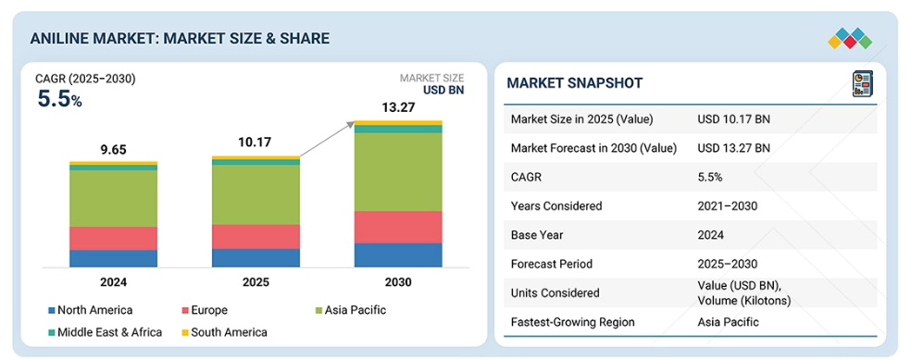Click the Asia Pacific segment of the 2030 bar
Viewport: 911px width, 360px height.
398,172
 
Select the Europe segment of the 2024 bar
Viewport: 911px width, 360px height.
113,238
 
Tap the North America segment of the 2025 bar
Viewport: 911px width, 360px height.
256,258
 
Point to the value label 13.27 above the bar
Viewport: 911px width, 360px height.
397,108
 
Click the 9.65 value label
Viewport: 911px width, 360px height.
113,150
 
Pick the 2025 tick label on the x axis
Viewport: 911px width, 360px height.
256,283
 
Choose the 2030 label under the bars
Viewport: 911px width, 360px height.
398,283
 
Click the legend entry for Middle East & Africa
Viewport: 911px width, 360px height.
106,332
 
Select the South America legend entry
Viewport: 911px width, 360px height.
224,332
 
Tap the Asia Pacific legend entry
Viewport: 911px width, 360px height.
349,310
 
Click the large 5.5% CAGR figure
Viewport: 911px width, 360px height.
60,99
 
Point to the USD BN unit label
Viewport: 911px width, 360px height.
443,91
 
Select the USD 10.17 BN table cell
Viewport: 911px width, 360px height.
734,119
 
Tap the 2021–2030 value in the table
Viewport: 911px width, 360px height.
728,206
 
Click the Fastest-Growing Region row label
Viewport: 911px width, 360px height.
573,322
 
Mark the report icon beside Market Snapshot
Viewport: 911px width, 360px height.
862,83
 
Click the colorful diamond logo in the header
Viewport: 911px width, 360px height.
850,38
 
